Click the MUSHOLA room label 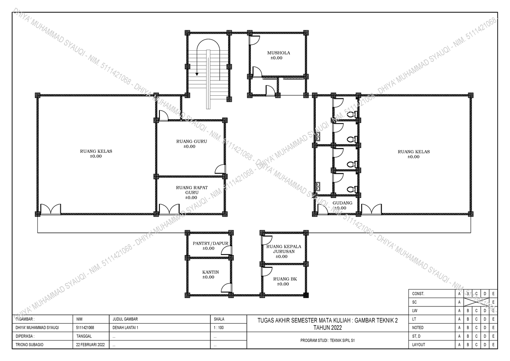278,53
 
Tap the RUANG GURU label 192,141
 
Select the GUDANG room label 342,203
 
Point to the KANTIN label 210,272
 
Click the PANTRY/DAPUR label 210,244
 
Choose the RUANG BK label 285,279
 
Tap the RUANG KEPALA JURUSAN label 284,249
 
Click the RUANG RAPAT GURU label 192,190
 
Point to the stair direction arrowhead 197,74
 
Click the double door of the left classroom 51,209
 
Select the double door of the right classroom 371,209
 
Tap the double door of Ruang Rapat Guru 169,209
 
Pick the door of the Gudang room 323,209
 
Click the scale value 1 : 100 218,328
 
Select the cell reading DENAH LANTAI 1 125,328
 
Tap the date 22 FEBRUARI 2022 91,345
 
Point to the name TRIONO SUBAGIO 29,345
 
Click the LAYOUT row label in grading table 419,345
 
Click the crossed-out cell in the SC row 476,302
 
